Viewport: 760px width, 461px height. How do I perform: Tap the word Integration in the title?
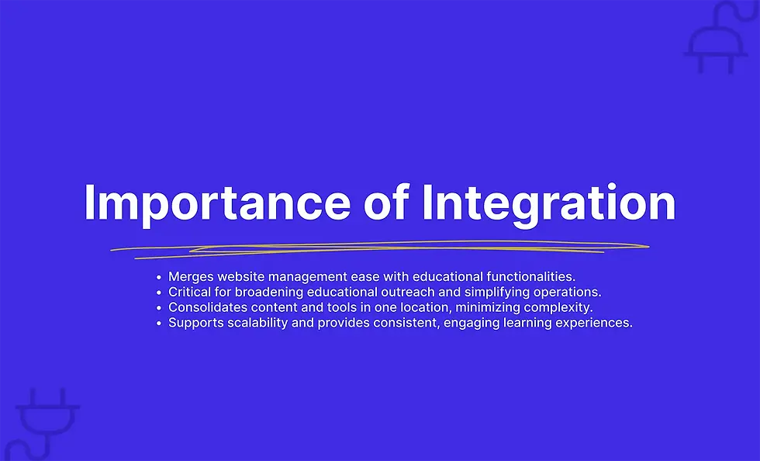coord(548,203)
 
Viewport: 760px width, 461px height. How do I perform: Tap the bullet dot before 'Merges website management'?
coord(158,277)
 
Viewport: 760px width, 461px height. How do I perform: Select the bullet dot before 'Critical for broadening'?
coord(158,293)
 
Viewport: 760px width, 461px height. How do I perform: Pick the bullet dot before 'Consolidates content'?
coord(158,308)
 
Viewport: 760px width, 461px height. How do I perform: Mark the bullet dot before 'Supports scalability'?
coord(158,324)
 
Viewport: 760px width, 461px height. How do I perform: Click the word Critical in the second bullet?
coord(188,292)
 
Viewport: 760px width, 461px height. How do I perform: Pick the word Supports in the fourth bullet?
coord(194,323)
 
